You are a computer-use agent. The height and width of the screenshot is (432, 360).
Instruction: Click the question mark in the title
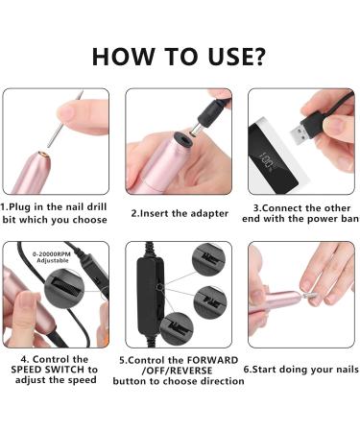(256, 57)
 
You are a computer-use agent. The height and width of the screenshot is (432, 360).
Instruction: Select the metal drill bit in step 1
(65, 119)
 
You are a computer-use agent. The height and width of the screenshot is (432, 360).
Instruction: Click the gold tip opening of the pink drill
(43, 155)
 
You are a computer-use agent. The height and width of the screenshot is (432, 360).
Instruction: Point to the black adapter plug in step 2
(211, 116)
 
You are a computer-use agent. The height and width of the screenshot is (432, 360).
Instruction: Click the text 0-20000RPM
(52, 254)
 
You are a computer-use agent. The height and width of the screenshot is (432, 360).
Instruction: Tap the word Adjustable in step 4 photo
(53, 261)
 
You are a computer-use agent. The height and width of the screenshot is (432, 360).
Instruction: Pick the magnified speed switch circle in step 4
(64, 289)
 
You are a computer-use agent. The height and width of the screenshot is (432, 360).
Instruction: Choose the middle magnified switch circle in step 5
(210, 301)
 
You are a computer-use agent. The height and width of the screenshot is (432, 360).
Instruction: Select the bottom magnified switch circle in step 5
(177, 328)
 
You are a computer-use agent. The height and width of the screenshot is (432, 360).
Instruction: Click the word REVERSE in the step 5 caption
(191, 371)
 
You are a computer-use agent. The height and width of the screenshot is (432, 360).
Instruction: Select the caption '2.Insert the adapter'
(180, 213)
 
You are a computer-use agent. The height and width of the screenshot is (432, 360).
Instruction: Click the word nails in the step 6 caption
(347, 370)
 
